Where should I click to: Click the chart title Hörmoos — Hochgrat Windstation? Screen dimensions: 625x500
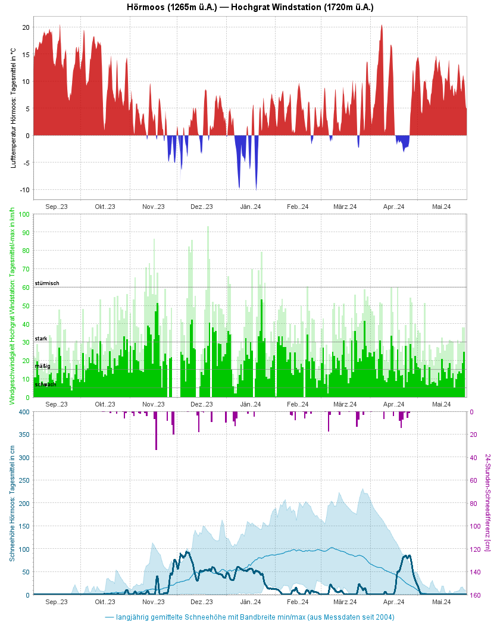click(x=250, y=7)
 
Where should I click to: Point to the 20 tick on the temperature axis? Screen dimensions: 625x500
click(x=26, y=27)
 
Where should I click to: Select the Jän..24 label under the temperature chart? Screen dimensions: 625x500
click(x=251, y=207)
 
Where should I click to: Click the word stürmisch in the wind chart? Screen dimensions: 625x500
click(x=47, y=283)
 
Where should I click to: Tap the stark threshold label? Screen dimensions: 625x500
click(x=41, y=338)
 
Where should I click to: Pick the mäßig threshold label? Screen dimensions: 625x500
click(x=42, y=365)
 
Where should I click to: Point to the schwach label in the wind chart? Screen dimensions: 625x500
click(x=45, y=385)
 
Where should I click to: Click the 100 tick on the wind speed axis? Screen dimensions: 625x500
click(x=24, y=214)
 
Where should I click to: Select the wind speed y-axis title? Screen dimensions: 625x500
click(x=12, y=306)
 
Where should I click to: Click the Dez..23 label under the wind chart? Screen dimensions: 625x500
click(x=201, y=404)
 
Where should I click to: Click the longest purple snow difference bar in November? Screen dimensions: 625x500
click(x=157, y=430)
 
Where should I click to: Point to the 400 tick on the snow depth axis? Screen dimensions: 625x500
click(x=23, y=412)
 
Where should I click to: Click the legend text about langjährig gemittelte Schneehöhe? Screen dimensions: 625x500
click(x=255, y=617)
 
